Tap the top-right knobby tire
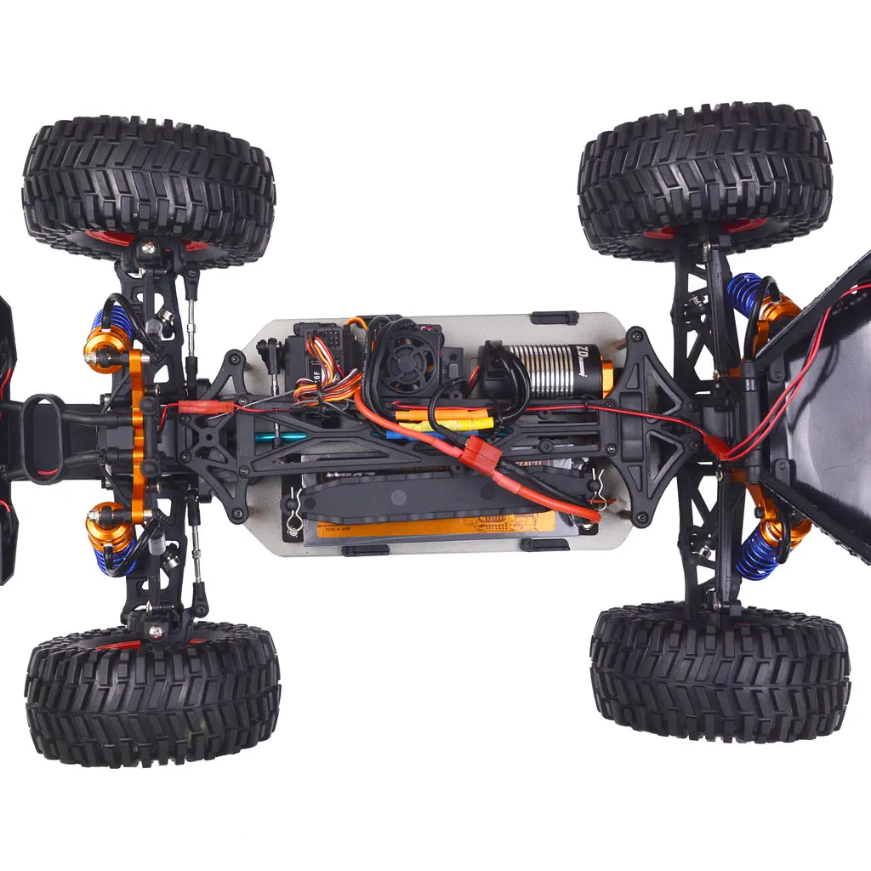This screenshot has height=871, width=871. [705, 179]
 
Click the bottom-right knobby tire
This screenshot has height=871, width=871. [720, 672]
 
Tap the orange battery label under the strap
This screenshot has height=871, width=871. [434, 527]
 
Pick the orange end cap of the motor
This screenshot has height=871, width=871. [606, 377]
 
